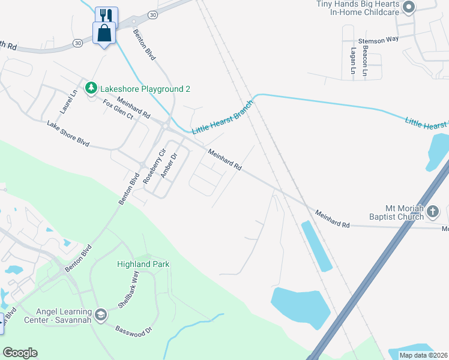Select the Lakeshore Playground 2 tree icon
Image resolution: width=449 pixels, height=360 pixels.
(91, 89)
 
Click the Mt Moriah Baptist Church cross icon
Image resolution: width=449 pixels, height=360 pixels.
(433, 211)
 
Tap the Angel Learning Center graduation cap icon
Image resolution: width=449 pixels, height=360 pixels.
(101, 314)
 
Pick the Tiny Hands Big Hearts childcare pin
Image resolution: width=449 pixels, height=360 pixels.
(409, 8)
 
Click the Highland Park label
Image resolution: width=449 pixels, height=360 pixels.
(143, 264)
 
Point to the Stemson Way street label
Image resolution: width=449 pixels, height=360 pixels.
(378, 40)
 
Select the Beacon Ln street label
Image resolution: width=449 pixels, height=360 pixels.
(364, 63)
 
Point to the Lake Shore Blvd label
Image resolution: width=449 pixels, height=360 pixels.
(68, 134)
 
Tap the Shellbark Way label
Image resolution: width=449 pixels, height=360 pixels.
(128, 289)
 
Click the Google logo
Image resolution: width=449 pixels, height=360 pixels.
(20, 353)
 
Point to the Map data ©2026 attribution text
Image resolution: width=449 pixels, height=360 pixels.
(424, 355)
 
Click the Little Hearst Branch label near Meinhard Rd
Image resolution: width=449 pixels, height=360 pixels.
(223, 118)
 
